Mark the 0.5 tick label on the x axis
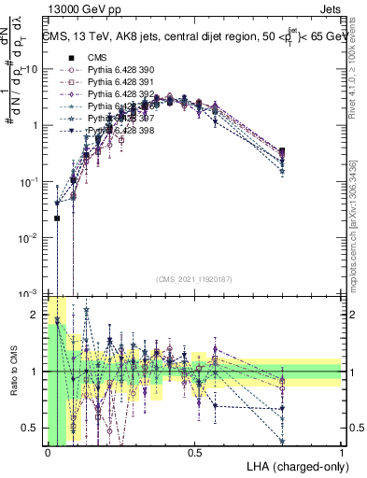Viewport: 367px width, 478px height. point(194,452)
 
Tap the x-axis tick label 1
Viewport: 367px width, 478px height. point(342,452)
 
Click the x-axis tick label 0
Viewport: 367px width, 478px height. point(48,452)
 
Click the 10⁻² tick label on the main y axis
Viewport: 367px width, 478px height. point(31,237)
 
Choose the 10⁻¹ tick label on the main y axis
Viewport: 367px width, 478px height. point(31,181)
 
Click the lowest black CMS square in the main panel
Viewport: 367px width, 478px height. point(57,218)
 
